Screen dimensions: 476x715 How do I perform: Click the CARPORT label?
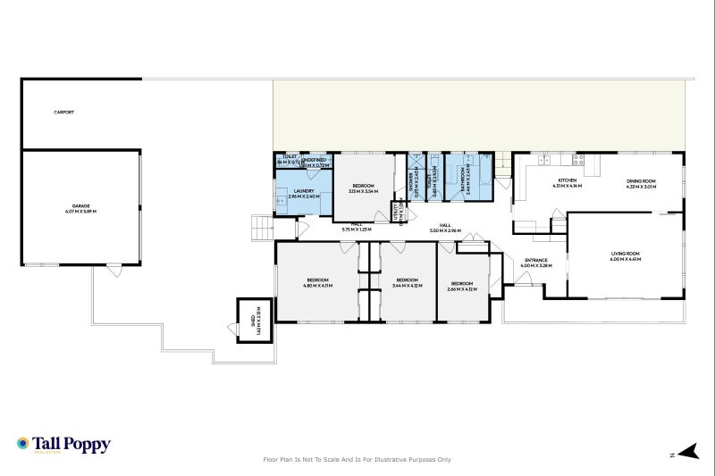[x=63, y=113]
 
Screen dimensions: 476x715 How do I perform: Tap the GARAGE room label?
[x=81, y=205]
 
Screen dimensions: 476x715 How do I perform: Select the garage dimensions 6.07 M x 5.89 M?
[x=81, y=212]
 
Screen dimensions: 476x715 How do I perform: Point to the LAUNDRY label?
[x=303, y=190]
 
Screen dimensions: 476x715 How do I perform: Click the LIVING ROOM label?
[x=627, y=255]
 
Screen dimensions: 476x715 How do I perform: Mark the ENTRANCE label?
[x=536, y=260]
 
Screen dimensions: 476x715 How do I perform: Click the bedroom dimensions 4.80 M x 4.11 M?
[x=318, y=286]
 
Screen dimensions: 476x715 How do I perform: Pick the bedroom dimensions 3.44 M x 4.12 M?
[x=408, y=286]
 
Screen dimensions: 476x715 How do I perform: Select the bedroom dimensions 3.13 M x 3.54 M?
[x=363, y=191]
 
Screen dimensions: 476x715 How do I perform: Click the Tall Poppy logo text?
[x=71, y=443]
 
